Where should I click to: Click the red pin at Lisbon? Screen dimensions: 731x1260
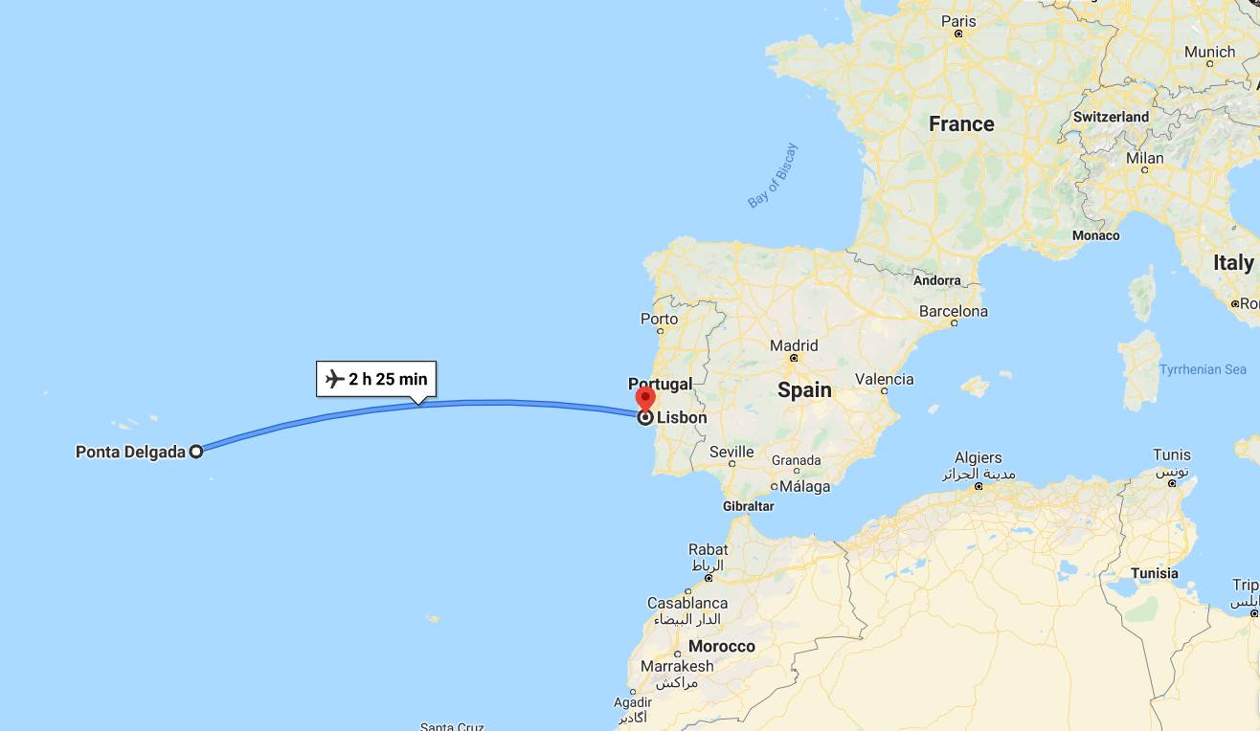645,397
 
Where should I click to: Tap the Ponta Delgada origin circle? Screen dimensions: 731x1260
196,452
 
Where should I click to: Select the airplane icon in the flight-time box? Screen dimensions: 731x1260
334,379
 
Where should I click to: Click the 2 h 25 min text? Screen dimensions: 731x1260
388,379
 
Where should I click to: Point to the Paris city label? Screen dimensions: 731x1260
958,21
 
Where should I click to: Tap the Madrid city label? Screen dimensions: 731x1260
794,345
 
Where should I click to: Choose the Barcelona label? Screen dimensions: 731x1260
953,311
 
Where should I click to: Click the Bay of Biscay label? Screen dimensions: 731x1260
773,175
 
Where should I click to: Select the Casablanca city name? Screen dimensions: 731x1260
686,603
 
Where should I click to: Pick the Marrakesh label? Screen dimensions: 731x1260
677,666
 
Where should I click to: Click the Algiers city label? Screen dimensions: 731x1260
978,458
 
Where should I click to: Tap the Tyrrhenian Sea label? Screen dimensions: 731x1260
1203,369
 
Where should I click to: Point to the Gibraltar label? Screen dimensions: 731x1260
748,505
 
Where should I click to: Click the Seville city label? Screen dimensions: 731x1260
731,452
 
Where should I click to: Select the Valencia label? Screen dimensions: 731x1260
884,379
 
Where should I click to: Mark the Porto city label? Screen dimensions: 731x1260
659,319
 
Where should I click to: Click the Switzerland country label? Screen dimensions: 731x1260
1111,117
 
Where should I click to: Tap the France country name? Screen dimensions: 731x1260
961,124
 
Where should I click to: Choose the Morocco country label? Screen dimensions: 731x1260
722,646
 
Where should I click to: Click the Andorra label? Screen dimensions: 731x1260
937,280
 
